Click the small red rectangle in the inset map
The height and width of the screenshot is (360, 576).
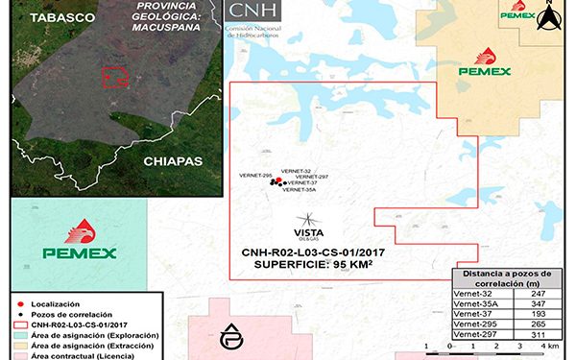115,76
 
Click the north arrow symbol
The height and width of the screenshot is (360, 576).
549,16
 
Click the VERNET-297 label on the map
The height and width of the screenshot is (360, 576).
312,177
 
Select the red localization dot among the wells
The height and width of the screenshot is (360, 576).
276,182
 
